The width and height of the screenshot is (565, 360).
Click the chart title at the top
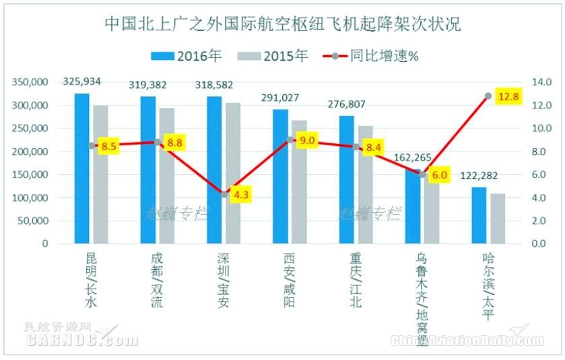pyautogui.click(x=282, y=24)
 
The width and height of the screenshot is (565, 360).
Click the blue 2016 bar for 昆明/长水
pyautogui.click(x=81, y=168)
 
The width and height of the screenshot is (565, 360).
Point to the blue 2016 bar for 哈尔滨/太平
pyautogui.click(x=479, y=215)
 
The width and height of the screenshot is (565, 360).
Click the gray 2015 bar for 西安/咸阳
pyautogui.click(x=298, y=182)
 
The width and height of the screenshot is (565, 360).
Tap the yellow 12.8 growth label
pyautogui.click(x=508, y=97)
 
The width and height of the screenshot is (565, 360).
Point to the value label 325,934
pyautogui.click(x=82, y=81)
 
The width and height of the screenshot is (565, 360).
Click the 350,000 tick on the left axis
pyautogui.click(x=30, y=82)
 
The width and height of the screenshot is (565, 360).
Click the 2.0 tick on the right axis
pyautogui.click(x=540, y=220)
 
